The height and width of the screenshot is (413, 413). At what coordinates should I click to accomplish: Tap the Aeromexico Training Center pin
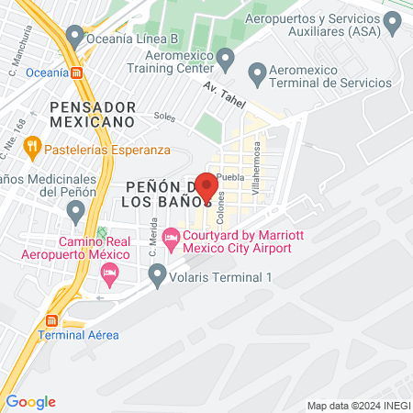coord(230,54)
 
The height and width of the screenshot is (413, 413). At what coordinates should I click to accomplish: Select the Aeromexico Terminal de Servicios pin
coord(257,71)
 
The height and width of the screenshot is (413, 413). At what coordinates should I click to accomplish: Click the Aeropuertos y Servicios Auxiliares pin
coord(393,19)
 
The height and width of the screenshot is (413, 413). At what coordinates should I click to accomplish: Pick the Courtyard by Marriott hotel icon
coord(171,240)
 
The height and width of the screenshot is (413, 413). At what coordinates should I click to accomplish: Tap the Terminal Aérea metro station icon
coord(51,321)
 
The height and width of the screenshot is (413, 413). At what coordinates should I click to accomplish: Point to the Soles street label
coord(164,117)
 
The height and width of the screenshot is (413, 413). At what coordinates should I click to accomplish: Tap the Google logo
coord(30,402)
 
